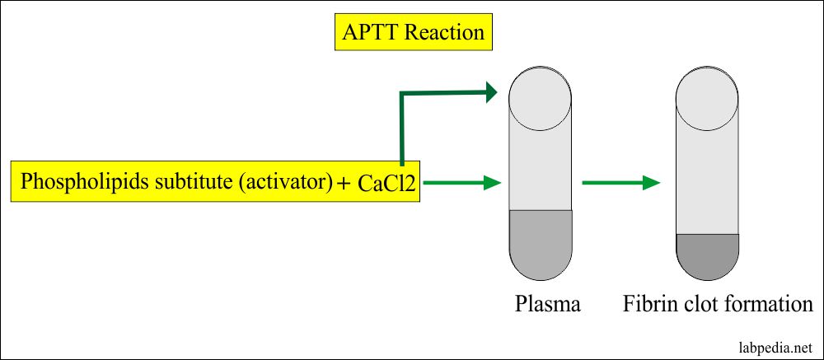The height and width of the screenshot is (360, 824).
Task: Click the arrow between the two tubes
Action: pyautogui.click(x=620, y=182)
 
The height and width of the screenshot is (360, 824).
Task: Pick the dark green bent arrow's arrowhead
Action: pyautogui.click(x=491, y=92)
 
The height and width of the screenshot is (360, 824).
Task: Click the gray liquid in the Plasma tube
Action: pyautogui.click(x=540, y=243)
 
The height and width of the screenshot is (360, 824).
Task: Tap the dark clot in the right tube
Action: pyautogui.click(x=706, y=255)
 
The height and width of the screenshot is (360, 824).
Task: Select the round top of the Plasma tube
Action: pyautogui.click(x=540, y=98)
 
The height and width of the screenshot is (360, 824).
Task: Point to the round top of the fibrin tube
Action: pyautogui.click(x=706, y=98)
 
